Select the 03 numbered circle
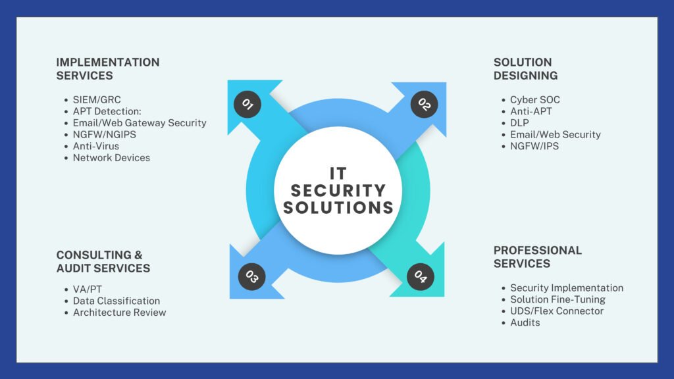[251, 276]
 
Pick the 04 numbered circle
[421, 277]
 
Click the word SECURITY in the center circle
[338, 191]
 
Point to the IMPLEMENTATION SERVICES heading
[108, 69]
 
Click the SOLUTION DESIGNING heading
[525, 69]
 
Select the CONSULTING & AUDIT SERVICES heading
[103, 261]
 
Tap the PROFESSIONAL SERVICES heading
[538, 257]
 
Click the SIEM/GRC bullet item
[97, 100]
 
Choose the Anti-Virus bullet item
[96, 146]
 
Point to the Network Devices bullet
[111, 158]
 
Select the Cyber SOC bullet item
[535, 100]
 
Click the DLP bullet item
[519, 123]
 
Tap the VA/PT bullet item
[89, 290]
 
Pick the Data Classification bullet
[117, 301]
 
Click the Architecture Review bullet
[119, 313]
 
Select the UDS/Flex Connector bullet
[557, 311]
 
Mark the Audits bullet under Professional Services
[525, 322]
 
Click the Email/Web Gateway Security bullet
[140, 123]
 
